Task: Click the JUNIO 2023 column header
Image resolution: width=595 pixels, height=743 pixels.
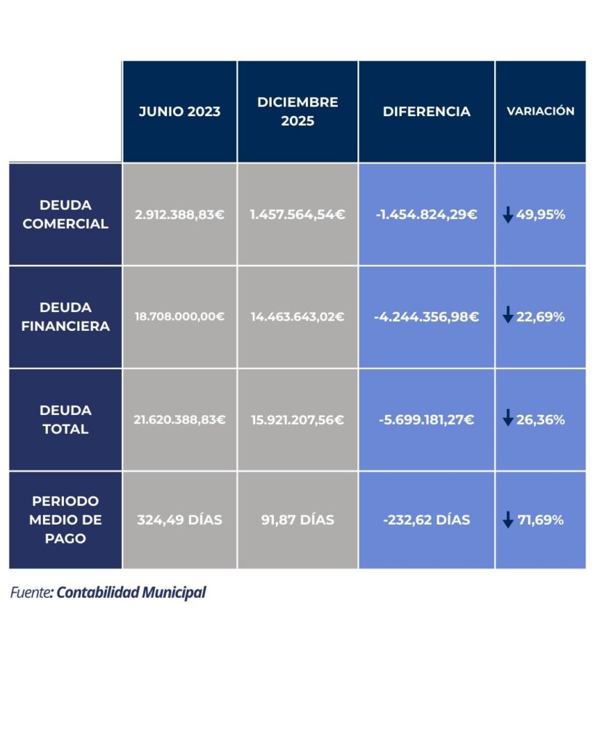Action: [179, 112]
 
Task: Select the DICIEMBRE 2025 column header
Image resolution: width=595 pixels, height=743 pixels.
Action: [297, 112]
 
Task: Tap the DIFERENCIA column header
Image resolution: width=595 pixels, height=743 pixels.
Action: [426, 112]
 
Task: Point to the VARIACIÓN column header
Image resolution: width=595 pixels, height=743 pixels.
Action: [540, 112]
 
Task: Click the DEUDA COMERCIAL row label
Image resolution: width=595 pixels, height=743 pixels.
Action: [65, 215]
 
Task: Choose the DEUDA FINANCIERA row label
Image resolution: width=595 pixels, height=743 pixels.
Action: [65, 317]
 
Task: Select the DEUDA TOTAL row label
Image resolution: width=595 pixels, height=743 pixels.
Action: [65, 419]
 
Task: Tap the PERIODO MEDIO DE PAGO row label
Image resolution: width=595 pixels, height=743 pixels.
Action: [65, 520]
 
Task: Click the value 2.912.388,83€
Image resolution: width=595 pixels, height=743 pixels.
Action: [179, 215]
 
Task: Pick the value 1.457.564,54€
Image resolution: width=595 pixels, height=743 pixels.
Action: [297, 215]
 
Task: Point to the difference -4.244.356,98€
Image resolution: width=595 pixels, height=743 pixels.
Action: [426, 317]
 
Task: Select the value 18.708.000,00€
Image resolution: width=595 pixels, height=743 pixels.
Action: [179, 317]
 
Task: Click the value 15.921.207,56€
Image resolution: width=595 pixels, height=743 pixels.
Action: [297, 419]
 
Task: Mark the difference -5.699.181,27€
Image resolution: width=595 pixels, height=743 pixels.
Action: [426, 419]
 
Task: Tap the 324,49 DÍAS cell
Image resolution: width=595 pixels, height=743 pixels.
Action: [179, 520]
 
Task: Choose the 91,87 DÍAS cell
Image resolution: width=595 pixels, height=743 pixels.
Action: [297, 520]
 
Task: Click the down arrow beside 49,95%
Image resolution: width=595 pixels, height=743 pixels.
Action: [508, 215]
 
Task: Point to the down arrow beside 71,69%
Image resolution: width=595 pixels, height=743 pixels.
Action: [508, 520]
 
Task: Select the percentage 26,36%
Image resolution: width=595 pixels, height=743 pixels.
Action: [541, 419]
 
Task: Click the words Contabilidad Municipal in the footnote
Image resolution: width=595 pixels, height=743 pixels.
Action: [131, 593]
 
